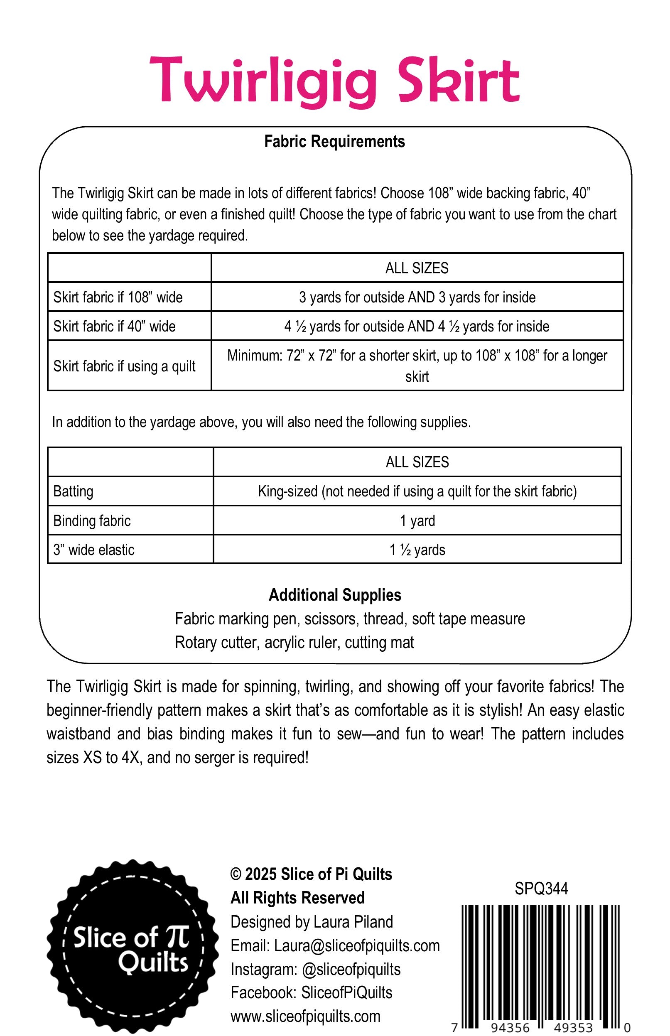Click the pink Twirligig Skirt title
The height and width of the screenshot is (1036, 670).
(x=334, y=81)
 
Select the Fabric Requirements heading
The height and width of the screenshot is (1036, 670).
(x=334, y=142)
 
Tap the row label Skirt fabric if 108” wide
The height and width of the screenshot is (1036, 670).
(x=118, y=297)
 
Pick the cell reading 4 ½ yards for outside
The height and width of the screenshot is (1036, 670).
(x=417, y=327)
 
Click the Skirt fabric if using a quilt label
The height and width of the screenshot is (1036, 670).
(x=125, y=366)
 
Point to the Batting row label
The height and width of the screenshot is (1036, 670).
(x=73, y=491)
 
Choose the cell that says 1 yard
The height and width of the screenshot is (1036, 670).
(x=417, y=520)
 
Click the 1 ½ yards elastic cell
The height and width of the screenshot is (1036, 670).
(x=417, y=550)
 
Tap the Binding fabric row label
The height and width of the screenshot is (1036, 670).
(x=92, y=520)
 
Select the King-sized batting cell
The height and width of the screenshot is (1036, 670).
(x=417, y=491)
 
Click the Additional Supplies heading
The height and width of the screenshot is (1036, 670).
(x=334, y=595)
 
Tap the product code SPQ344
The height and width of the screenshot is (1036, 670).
(x=541, y=888)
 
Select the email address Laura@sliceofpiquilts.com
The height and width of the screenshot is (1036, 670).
(x=357, y=945)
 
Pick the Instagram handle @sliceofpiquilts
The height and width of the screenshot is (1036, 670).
(x=351, y=969)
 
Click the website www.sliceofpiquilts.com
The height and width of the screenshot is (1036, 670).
(x=305, y=1016)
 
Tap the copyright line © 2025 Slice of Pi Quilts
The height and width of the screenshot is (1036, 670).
(x=311, y=874)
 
